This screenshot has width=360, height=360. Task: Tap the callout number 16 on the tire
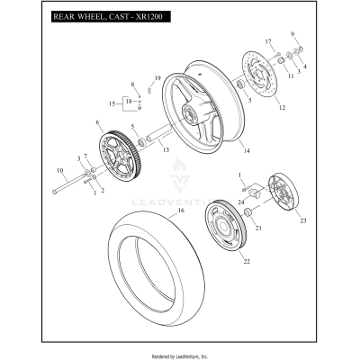click(x=180, y=210)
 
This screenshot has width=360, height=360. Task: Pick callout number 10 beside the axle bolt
click(x=60, y=170)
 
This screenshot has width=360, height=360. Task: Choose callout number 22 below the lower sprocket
click(x=220, y=262)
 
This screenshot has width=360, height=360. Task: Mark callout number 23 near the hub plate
click(x=302, y=220)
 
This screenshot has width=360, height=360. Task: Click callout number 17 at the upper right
click(x=267, y=42)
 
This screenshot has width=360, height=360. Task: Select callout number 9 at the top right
click(x=292, y=34)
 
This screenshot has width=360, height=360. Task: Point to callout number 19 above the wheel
click(x=157, y=78)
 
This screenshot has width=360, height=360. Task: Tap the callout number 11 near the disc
click(x=291, y=76)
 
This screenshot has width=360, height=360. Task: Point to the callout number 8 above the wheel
click(x=132, y=85)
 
